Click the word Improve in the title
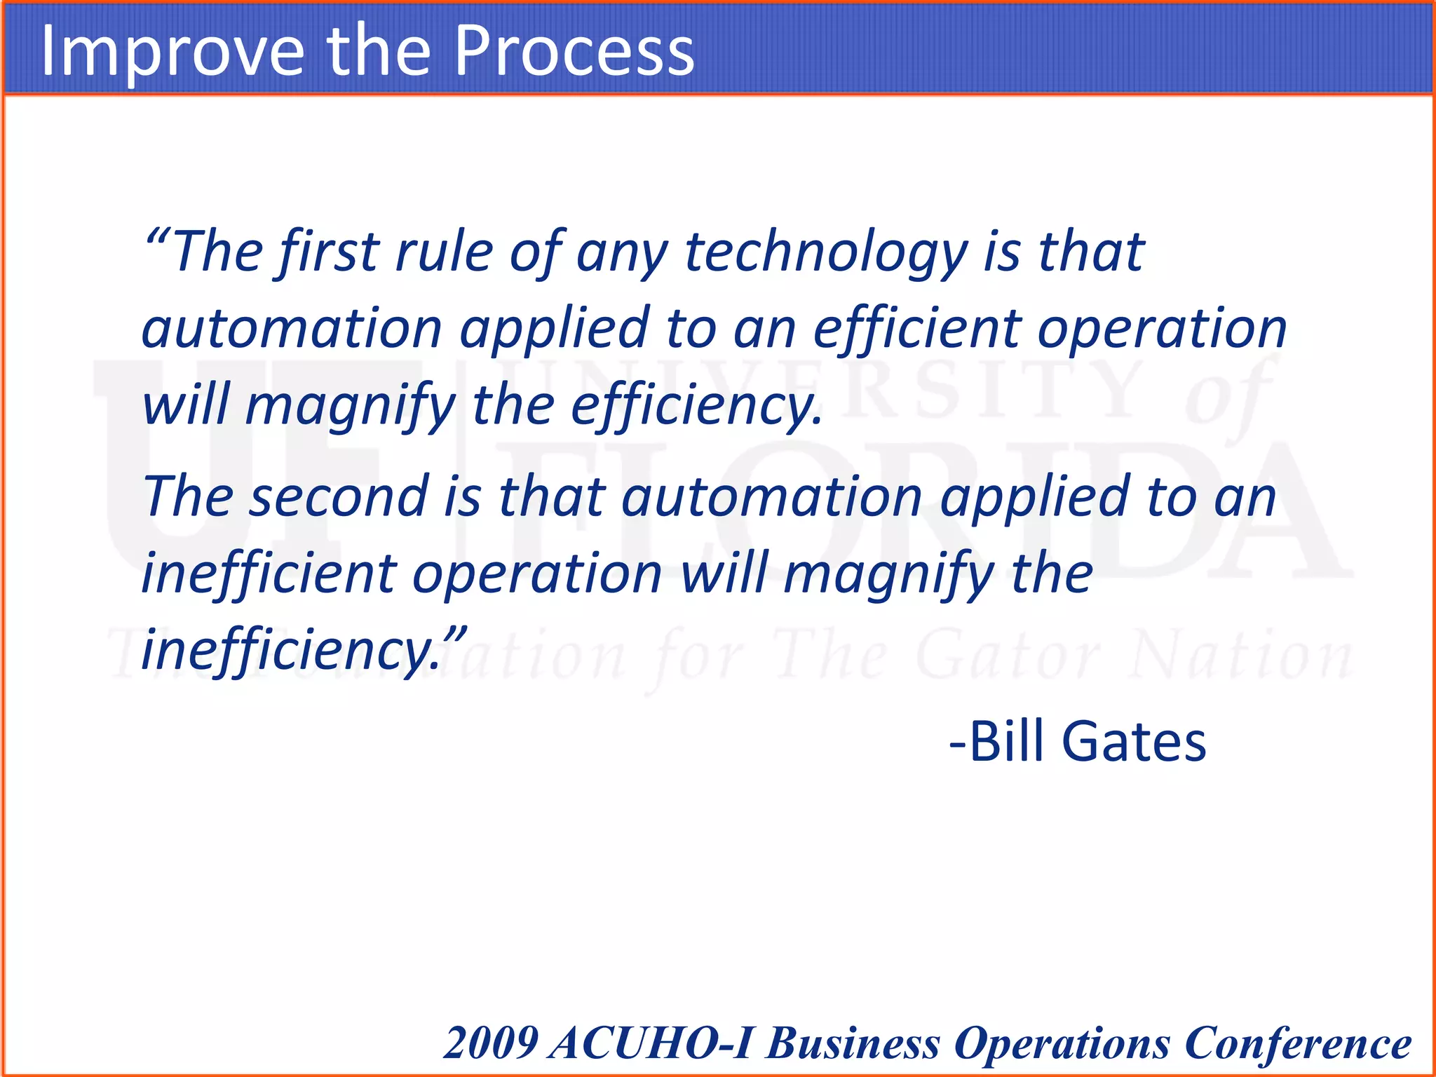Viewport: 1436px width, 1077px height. point(172,50)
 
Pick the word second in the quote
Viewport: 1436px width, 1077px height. point(339,496)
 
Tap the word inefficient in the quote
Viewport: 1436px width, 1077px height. point(269,574)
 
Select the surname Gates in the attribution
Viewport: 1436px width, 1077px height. point(1134,742)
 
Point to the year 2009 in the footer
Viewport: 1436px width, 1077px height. point(490,1043)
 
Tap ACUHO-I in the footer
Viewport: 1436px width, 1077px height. point(652,1043)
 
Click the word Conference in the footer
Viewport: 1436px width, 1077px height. point(1298,1043)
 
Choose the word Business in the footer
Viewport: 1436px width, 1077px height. point(853,1043)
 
